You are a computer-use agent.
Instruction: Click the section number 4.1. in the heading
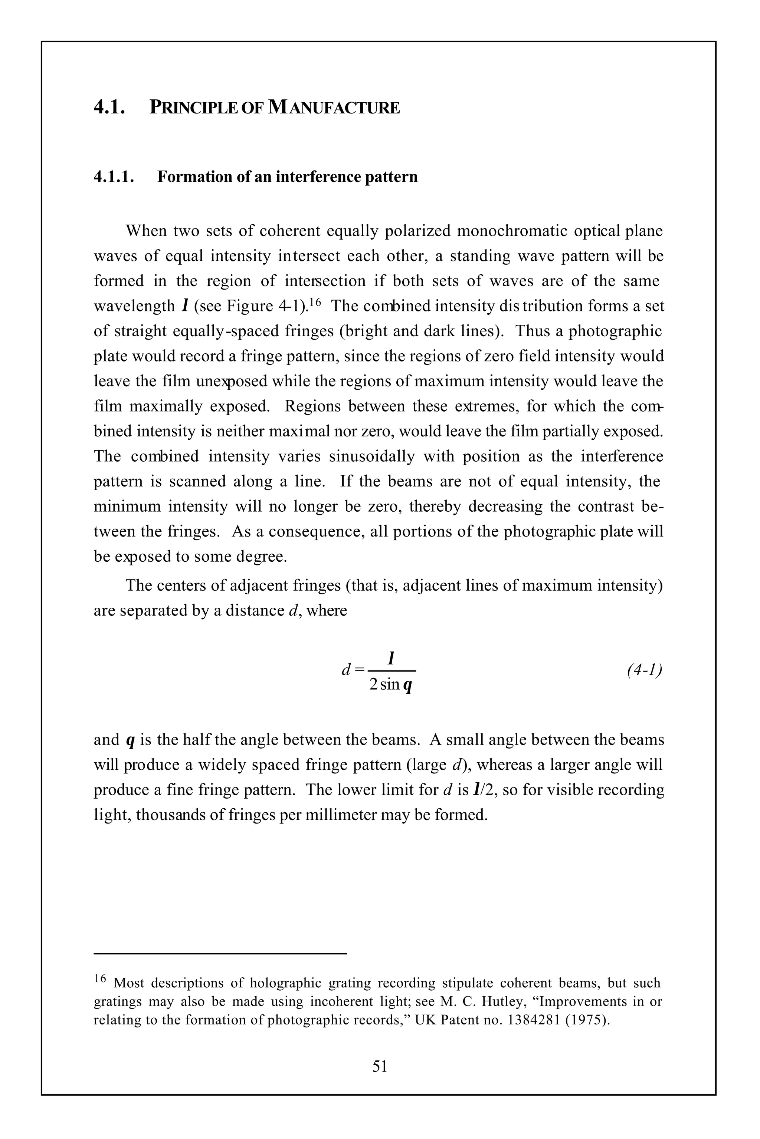109,107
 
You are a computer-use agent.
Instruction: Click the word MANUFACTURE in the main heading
334,107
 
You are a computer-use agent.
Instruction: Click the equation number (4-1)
644,670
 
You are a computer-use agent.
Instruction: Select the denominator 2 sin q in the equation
391,685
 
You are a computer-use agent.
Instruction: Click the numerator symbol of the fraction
391,658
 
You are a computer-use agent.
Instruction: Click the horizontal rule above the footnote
220,954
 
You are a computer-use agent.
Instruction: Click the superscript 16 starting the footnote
100,979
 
